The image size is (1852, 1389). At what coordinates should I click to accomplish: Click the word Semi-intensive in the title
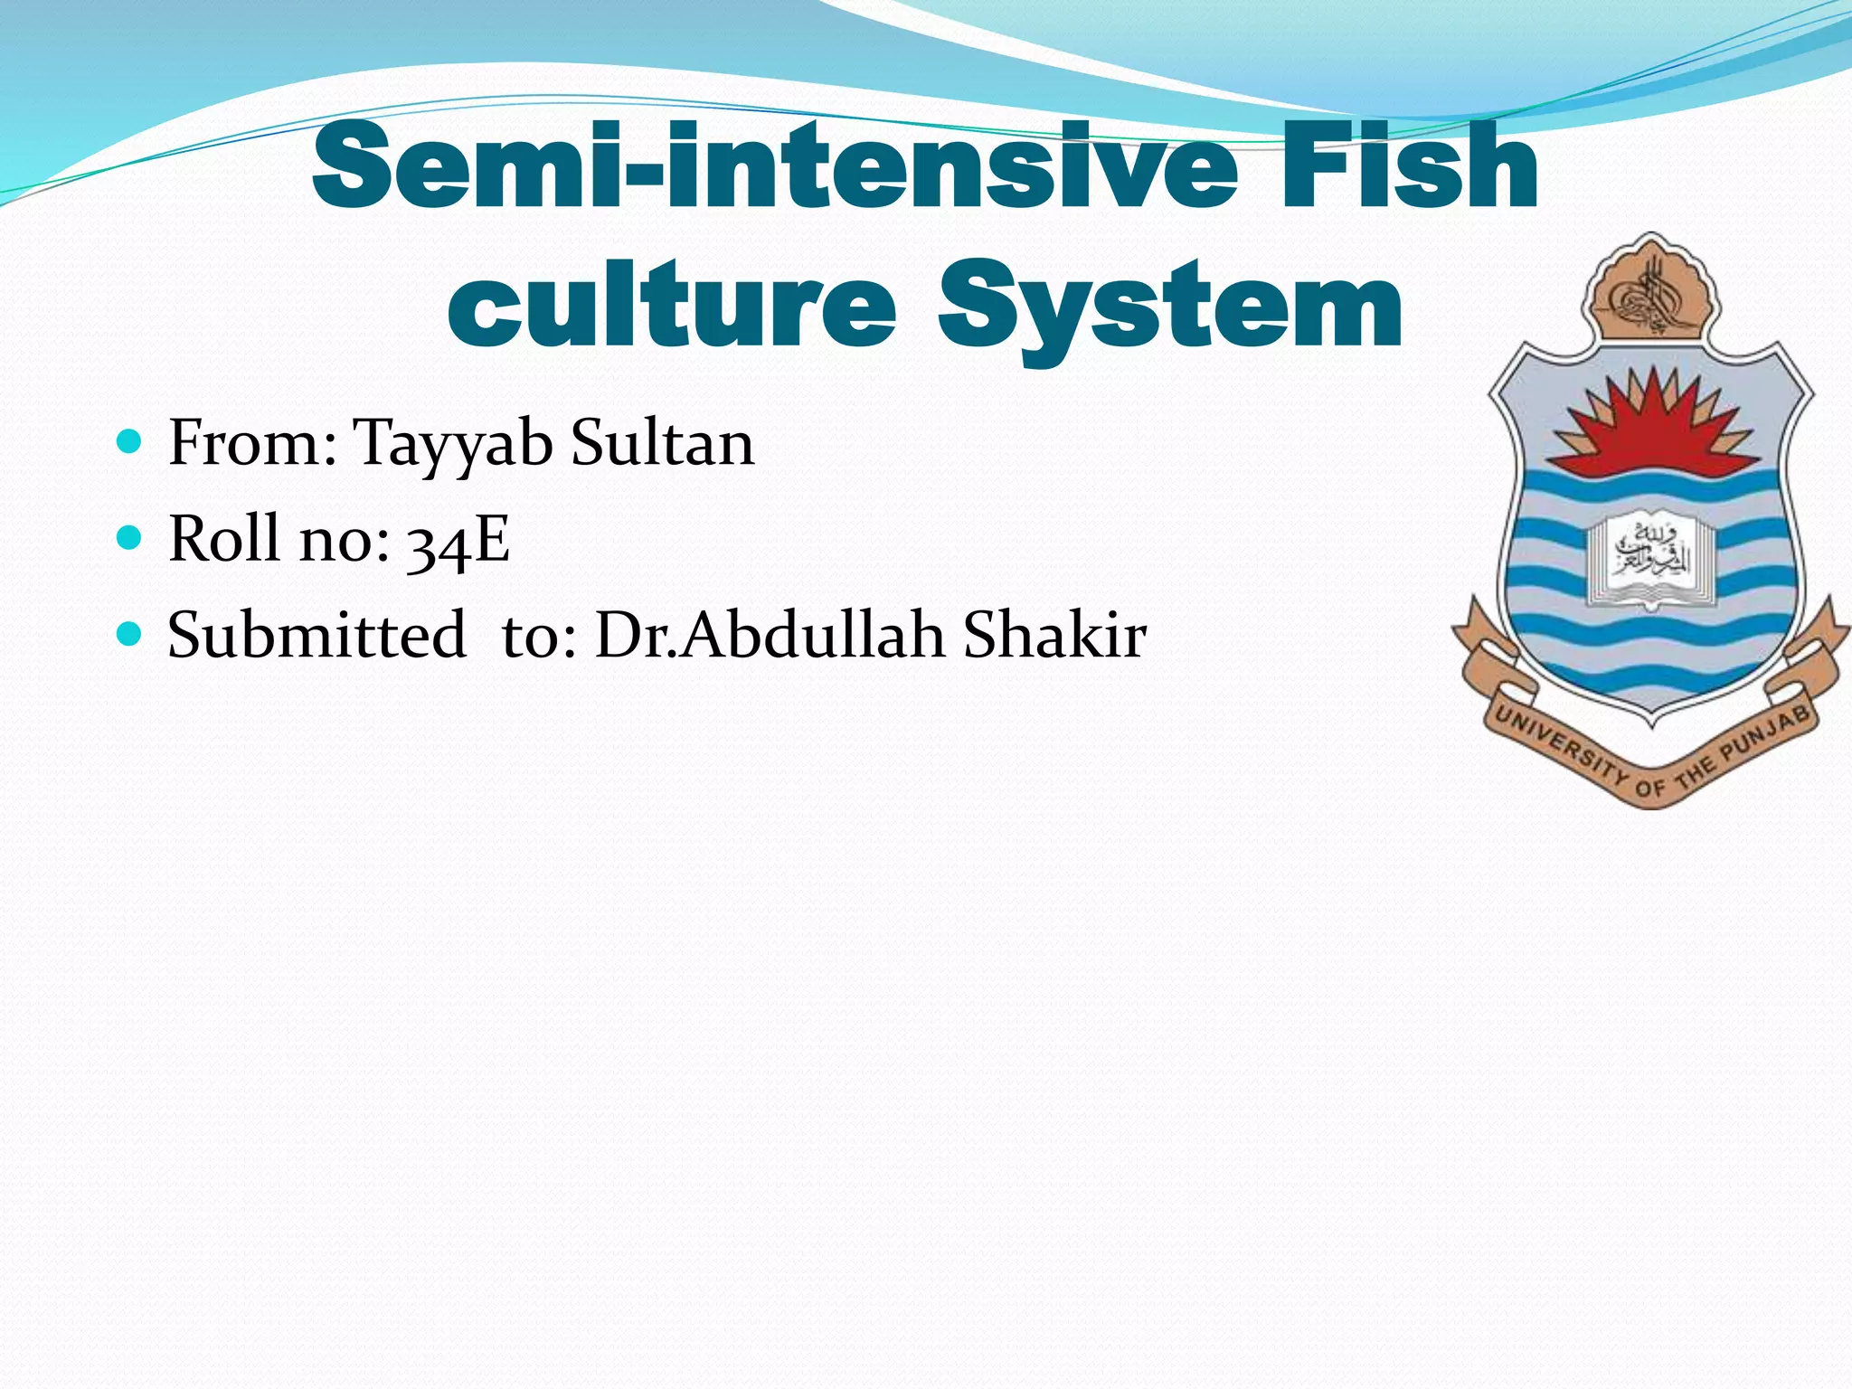click(773, 167)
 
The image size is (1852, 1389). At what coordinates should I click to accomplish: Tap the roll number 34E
click(458, 540)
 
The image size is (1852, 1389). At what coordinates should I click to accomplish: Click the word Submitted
click(317, 635)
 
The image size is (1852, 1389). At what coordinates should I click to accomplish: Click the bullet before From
click(130, 442)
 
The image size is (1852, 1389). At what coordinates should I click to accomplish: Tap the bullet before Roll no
click(130, 538)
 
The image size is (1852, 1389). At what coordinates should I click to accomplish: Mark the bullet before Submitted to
click(130, 634)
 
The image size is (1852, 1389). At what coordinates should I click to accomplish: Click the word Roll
click(223, 539)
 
